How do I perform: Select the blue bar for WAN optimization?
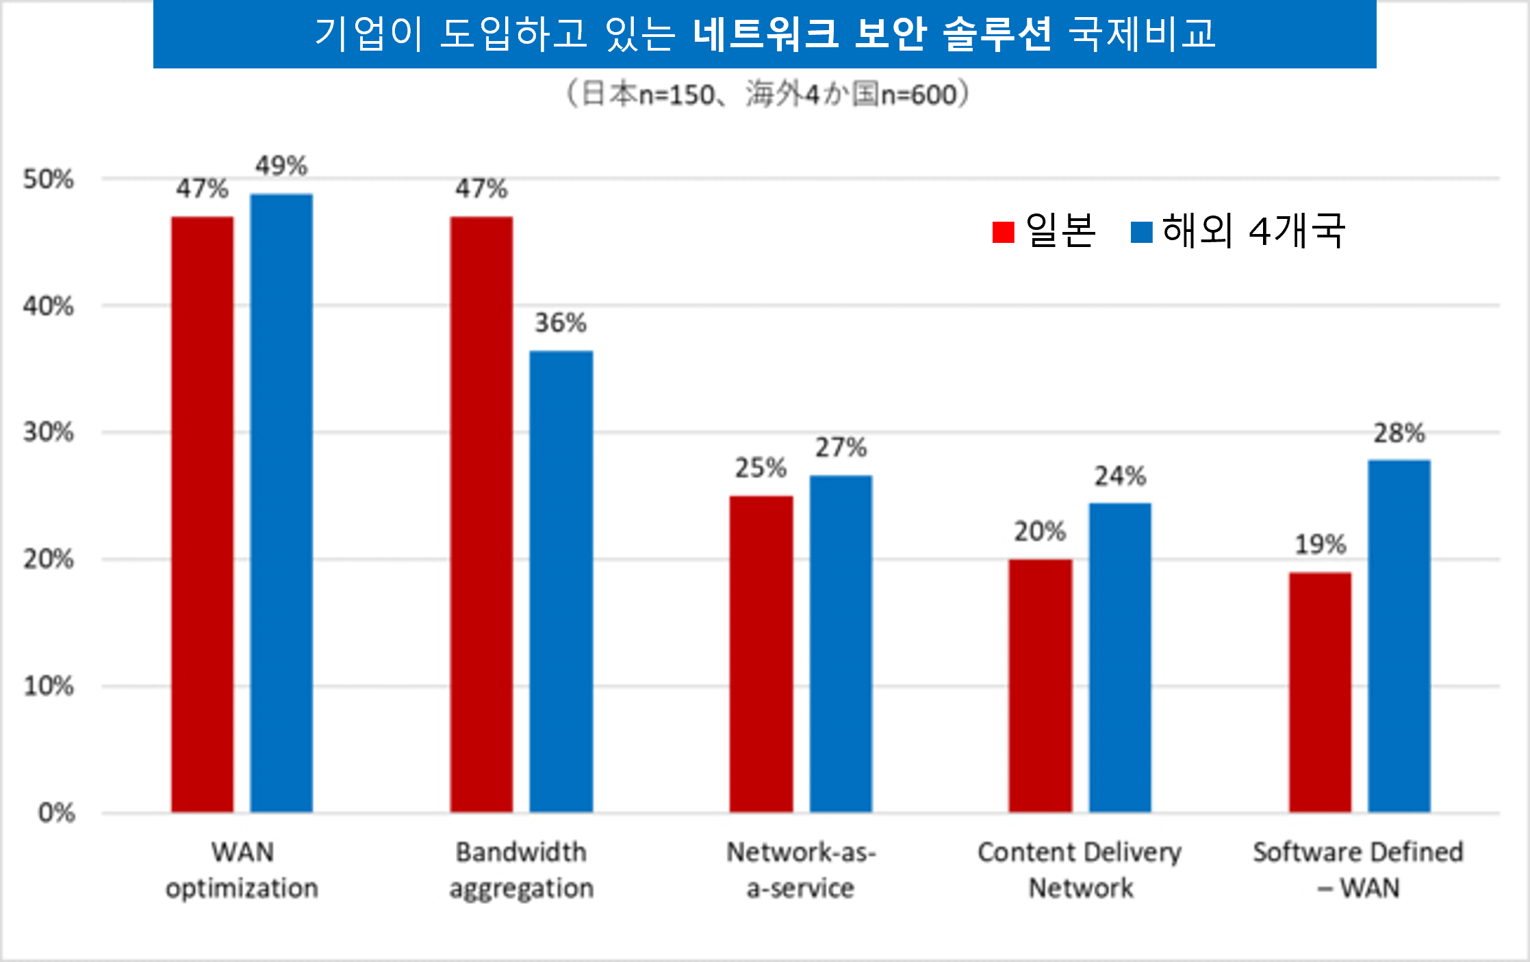click(x=281, y=503)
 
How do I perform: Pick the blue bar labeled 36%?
click(x=561, y=582)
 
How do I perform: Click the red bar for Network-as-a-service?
click(x=761, y=654)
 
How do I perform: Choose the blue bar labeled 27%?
click(x=841, y=644)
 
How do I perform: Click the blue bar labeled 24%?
click(x=1120, y=658)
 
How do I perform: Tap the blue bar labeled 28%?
click(x=1399, y=636)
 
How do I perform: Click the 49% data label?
click(x=281, y=166)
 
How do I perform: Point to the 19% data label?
click(x=1320, y=545)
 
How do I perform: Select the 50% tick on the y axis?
click(x=48, y=179)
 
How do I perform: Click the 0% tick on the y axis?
click(x=56, y=813)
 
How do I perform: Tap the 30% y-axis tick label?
click(x=48, y=432)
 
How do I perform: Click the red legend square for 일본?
click(x=1003, y=232)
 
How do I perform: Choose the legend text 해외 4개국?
click(x=1253, y=231)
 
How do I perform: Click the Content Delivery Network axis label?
click(x=1080, y=870)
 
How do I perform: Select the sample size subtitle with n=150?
click(x=767, y=94)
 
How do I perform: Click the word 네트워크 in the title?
click(x=765, y=33)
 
